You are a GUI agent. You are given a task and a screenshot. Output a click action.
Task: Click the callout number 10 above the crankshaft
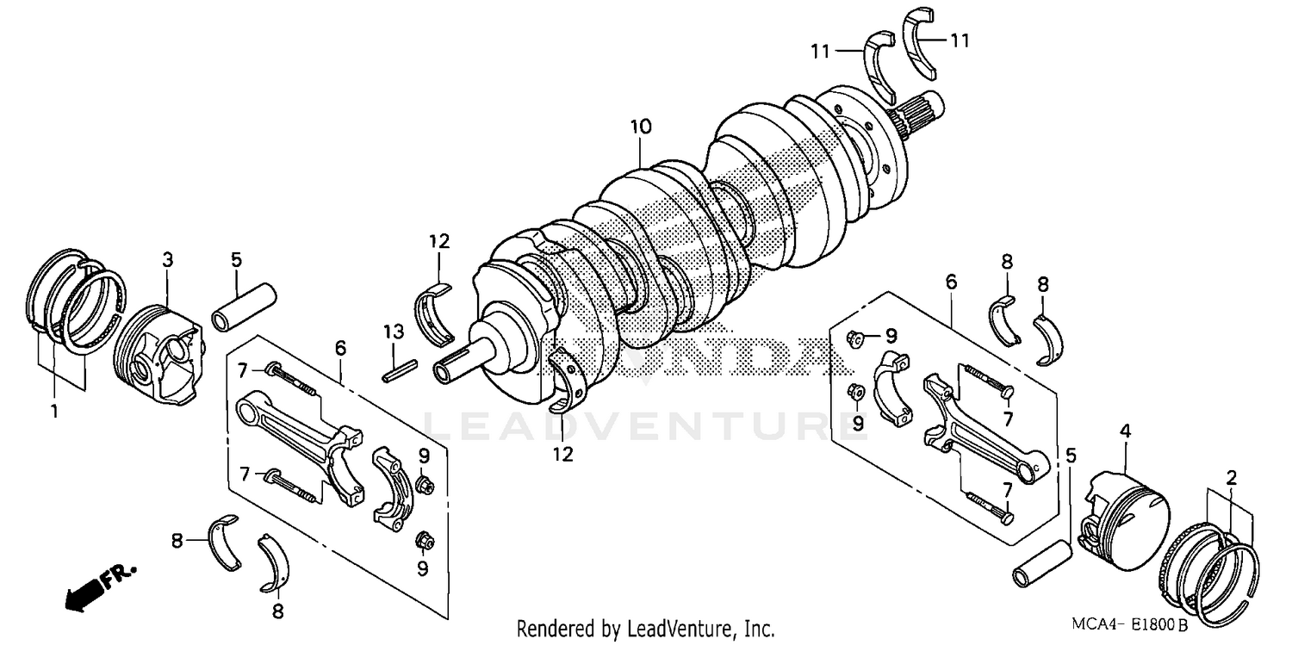point(640,127)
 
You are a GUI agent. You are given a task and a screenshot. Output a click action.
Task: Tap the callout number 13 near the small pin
point(393,332)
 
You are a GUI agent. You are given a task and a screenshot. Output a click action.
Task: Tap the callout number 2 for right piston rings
point(1232,476)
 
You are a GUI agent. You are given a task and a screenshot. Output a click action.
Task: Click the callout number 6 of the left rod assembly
point(340,348)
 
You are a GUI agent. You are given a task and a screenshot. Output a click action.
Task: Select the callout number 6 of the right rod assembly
point(951,282)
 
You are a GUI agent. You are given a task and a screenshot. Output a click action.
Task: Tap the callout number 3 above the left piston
point(168,258)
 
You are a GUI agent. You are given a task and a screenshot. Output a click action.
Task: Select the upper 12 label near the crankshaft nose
point(439,242)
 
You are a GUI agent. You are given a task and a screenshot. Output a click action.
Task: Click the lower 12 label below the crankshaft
point(562,453)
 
